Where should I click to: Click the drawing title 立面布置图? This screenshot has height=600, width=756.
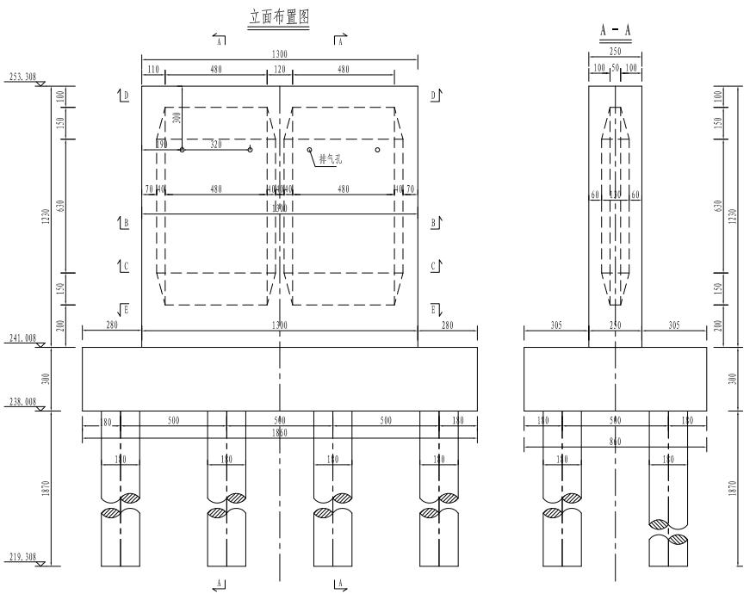[278, 18]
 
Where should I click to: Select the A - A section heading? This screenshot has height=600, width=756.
[615, 31]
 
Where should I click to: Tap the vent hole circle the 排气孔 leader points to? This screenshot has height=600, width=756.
[309, 150]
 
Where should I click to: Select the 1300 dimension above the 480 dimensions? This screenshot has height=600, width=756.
[280, 53]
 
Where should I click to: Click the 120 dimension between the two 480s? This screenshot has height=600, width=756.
[280, 69]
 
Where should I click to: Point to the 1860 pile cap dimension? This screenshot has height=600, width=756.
[280, 432]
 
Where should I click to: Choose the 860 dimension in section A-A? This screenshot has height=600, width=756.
[615, 440]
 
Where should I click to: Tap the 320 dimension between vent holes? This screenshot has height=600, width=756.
[215, 145]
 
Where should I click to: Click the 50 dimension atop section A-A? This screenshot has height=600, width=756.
[615, 67]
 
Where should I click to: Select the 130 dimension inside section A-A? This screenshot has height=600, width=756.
[615, 195]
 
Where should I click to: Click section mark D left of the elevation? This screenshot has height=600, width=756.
[125, 96]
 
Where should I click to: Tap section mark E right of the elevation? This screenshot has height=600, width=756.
[434, 308]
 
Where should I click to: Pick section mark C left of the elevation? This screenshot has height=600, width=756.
[125, 267]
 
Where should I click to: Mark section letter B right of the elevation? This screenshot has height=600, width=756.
[434, 222]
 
